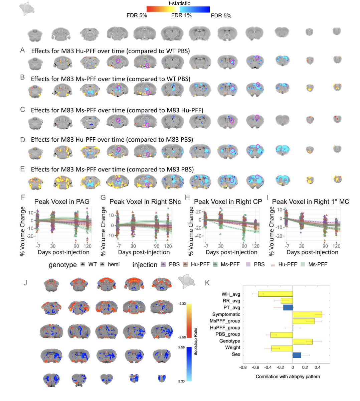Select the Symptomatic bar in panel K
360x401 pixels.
(x=307, y=314)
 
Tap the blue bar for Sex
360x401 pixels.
(x=297, y=355)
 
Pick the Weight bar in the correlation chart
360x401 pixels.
(x=282, y=348)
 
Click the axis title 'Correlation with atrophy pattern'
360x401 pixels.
(x=288, y=377)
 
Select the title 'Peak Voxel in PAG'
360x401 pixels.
(x=62, y=202)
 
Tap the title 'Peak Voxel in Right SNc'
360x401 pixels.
(x=145, y=202)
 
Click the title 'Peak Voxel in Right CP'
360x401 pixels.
(x=228, y=202)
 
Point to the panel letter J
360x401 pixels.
(x=25, y=283)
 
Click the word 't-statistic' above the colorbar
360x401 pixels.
(x=179, y=3)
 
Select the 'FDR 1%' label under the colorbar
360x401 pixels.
(x=181, y=15)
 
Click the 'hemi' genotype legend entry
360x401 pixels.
(x=114, y=264)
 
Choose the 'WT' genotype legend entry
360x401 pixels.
(x=93, y=264)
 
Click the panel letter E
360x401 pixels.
(x=22, y=169)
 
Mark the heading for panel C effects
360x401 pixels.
(x=117, y=110)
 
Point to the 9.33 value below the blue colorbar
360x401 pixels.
(x=182, y=381)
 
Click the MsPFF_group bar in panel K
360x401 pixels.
(x=304, y=321)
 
